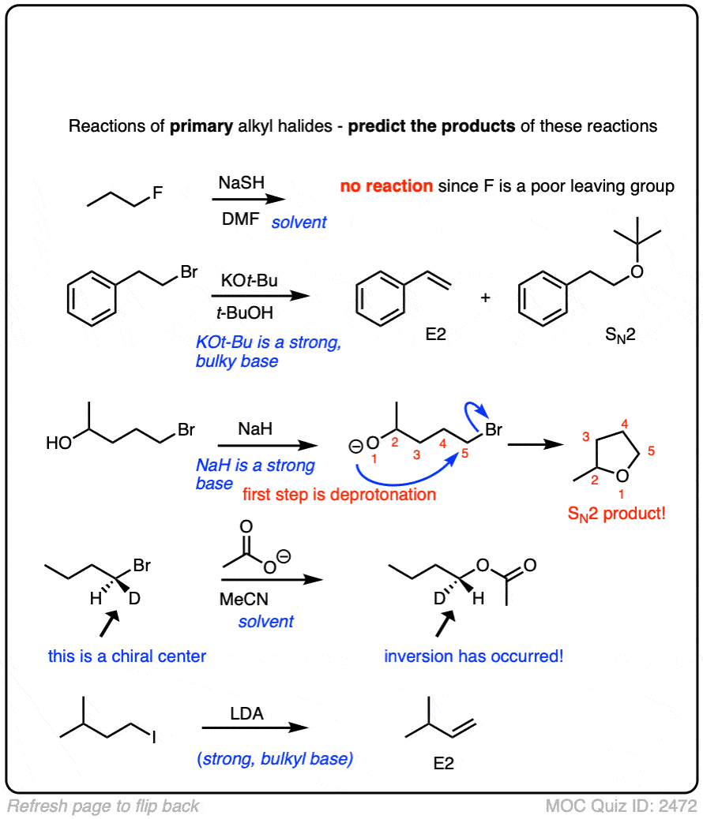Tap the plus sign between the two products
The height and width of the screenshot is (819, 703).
click(485, 298)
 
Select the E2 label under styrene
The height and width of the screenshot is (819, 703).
click(434, 335)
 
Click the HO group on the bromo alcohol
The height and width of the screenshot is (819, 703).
click(60, 444)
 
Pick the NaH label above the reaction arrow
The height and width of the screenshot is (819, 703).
click(255, 430)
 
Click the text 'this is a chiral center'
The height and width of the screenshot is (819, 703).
click(127, 656)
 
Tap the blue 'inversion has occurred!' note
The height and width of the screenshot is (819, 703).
click(474, 656)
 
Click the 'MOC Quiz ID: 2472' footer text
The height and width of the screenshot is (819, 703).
click(622, 806)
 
